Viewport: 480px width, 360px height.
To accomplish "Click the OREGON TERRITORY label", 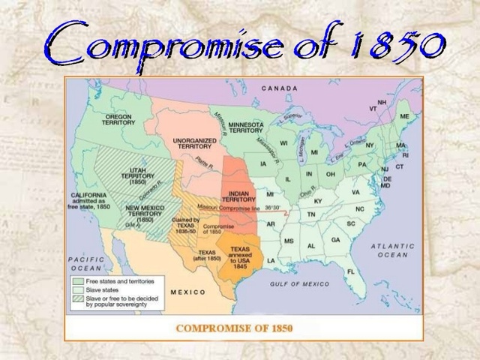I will (x=119, y=120).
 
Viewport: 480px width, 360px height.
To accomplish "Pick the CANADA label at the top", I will (x=280, y=88).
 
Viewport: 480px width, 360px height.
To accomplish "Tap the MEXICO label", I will (x=188, y=291).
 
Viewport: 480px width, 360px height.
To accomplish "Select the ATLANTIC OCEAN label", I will (x=392, y=250).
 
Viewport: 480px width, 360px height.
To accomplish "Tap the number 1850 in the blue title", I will (x=393, y=43).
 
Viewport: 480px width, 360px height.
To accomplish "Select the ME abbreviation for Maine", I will (x=404, y=116).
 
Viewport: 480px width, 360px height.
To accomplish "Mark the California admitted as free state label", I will (x=93, y=200).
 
